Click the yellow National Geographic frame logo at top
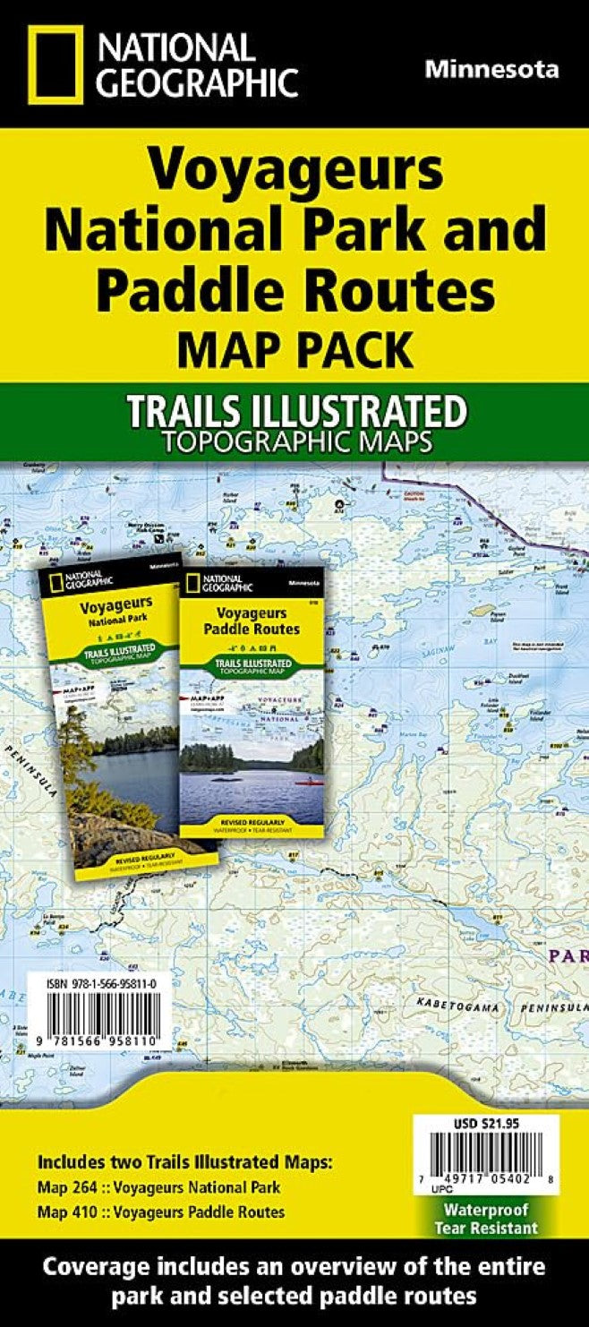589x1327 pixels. [x=55, y=64]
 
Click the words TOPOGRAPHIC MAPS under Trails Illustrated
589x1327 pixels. [x=294, y=441]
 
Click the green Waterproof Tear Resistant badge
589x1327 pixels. [x=486, y=1219]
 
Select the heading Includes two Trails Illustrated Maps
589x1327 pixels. [x=184, y=1163]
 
